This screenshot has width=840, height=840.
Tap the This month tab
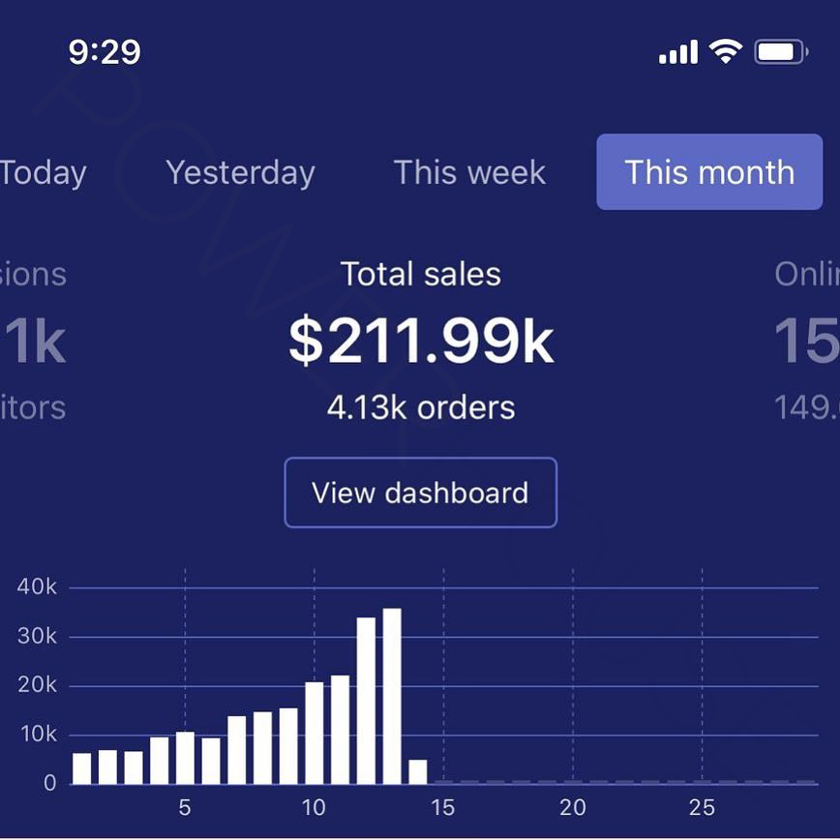point(709,172)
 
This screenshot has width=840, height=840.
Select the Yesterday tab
point(240,173)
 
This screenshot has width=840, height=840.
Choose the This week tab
point(469,173)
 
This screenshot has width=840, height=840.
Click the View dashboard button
point(420,493)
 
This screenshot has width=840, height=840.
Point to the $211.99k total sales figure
point(421,342)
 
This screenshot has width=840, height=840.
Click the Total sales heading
point(421,275)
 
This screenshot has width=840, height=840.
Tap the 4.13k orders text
point(421,407)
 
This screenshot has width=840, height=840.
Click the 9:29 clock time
point(105,51)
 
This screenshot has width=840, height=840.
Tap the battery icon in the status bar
point(781,51)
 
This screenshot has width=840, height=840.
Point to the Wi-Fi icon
point(725,50)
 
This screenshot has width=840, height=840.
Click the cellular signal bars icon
point(678,52)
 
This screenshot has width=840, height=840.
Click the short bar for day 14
point(418,771)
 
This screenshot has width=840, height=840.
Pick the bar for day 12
point(366,700)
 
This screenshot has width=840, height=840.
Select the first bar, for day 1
point(82,768)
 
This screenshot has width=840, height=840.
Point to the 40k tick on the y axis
point(37,587)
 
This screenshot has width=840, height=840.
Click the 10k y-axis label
point(37,735)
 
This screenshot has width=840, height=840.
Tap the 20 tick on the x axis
point(573,807)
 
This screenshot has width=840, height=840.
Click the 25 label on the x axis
point(702,807)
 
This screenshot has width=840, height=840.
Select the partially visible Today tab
point(43,173)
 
